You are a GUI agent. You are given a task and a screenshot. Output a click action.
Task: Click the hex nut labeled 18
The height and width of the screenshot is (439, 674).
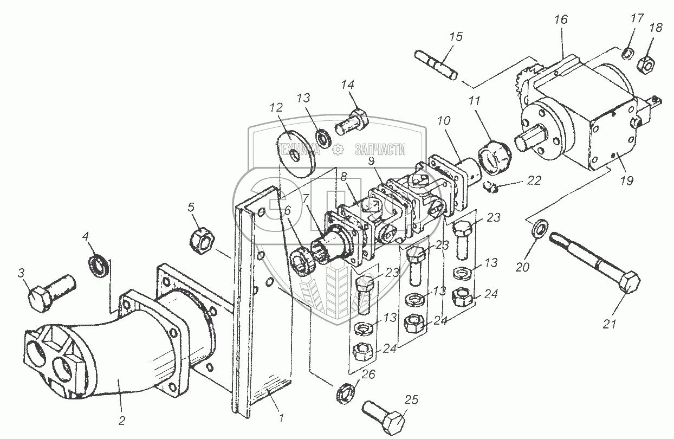645,64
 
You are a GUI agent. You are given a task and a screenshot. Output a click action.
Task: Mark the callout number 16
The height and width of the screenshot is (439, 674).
561,20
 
